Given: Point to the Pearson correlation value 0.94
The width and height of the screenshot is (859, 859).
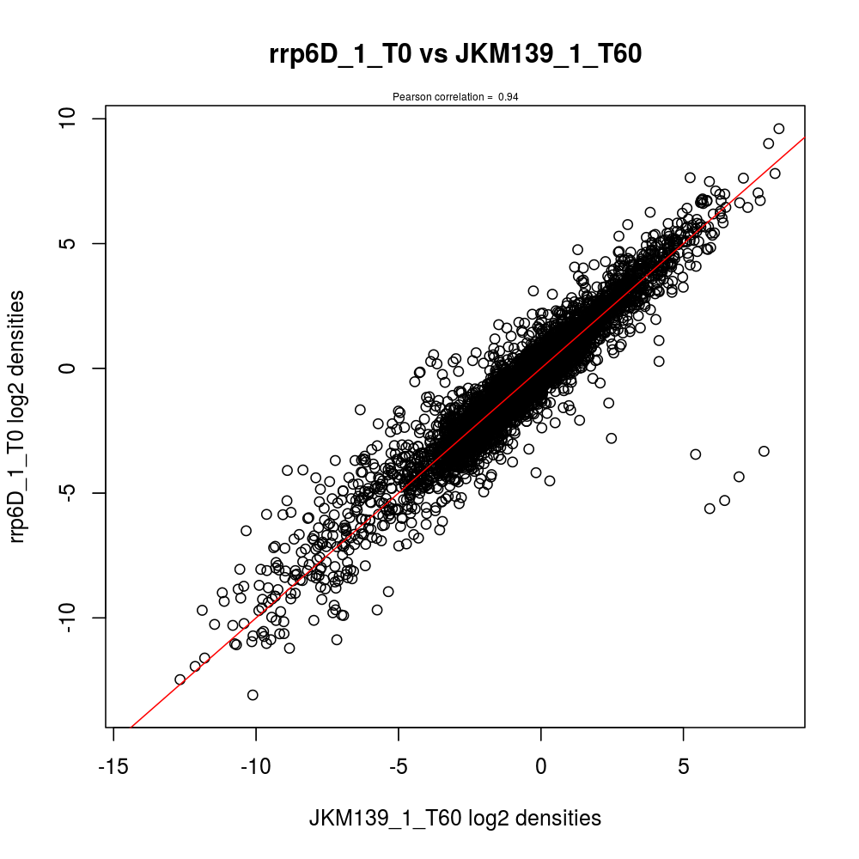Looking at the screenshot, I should point(509,97).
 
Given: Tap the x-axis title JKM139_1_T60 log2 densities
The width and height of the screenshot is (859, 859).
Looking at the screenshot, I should point(455,819).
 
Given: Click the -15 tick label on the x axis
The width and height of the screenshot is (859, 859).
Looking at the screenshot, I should point(114,765).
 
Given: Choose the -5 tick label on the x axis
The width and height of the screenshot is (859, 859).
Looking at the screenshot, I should point(399,765).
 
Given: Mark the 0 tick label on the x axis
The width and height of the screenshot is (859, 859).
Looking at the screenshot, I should point(541,765).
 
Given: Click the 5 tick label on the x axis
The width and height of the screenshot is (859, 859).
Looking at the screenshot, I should point(683,765).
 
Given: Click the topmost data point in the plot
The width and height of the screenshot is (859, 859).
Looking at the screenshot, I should point(779,129).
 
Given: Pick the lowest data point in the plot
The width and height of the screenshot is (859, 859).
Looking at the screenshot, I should point(253,695).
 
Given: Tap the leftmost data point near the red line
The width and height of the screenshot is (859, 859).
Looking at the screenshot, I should point(180,679).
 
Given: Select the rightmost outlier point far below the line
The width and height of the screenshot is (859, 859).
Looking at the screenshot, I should point(764,451).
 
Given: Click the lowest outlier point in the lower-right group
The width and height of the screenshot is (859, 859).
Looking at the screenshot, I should point(710,509).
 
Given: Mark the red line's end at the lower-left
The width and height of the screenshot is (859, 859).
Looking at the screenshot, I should point(131,727).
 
